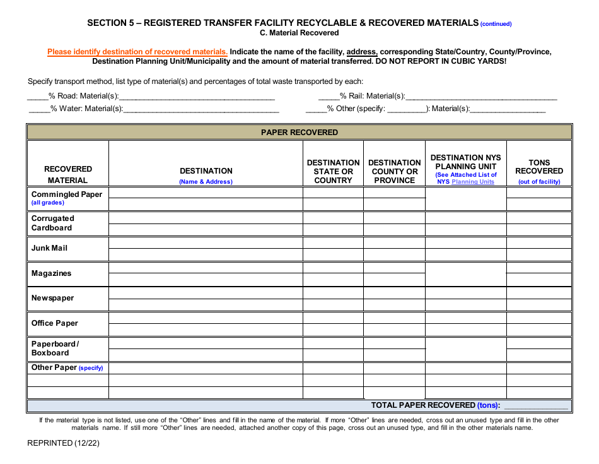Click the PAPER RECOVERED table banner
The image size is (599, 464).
coord(299,133)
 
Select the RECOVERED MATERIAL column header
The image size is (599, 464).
coord(68,174)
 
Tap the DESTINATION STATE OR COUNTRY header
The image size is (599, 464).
coord(333,171)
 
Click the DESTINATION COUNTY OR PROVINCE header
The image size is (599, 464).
coord(395,171)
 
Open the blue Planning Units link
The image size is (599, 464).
coord(473,182)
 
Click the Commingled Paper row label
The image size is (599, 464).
coord(66,194)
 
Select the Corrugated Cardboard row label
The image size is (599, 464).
coord(53,223)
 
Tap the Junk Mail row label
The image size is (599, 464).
coord(49,248)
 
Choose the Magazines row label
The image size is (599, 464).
coord(51,273)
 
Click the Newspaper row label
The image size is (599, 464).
coord(52,298)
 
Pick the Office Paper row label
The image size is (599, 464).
coord(55,323)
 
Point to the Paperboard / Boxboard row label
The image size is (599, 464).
coord(55,348)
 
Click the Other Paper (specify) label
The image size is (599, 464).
coord(67,367)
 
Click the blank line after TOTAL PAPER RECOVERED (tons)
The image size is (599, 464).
coord(536,407)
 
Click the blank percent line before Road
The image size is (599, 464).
coord(37,97)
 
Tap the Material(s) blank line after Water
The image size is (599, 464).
coord(201,110)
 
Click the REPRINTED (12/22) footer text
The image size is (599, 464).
coord(63,443)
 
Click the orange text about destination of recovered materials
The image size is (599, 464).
coord(137,52)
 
